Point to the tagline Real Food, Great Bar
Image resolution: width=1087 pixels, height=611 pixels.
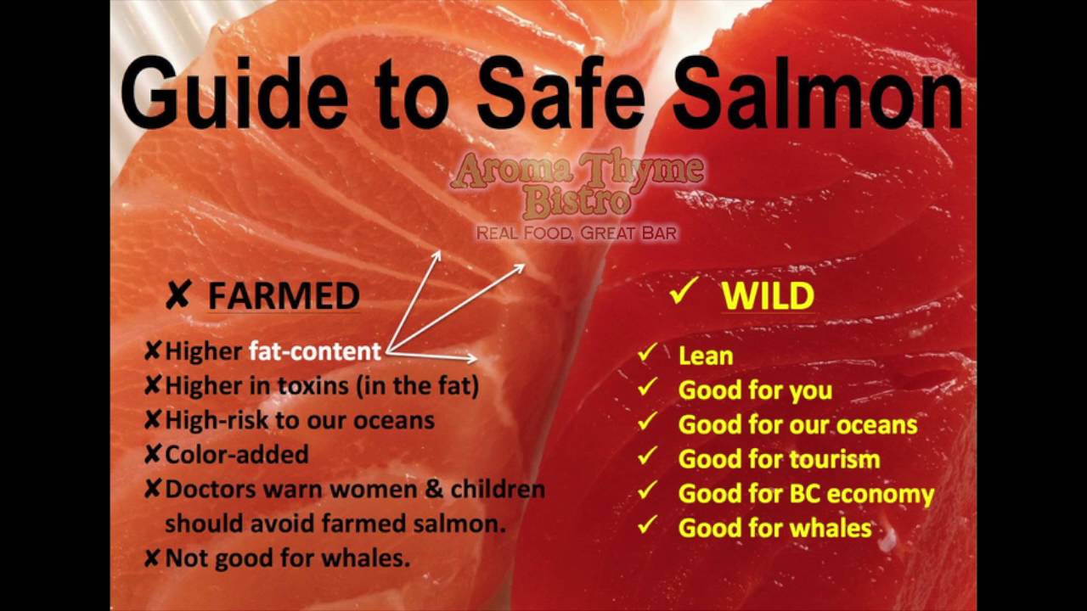pyautogui.click(x=577, y=233)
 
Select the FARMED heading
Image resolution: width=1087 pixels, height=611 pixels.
pyautogui.click(x=284, y=296)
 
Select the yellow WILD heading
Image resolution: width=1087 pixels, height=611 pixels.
pyautogui.click(x=768, y=296)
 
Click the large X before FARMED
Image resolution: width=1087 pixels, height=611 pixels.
pyautogui.click(x=177, y=296)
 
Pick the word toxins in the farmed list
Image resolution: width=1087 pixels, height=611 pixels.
pyautogui.click(x=313, y=386)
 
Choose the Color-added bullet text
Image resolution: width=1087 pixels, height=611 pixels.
pyautogui.click(x=236, y=455)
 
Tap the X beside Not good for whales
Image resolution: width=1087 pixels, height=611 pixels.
pyautogui.click(x=153, y=558)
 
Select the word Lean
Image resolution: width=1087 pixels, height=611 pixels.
pyautogui.click(x=706, y=356)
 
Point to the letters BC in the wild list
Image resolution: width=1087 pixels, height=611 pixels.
pyautogui.click(x=804, y=494)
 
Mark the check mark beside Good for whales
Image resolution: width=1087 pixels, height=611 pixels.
pyautogui.click(x=649, y=525)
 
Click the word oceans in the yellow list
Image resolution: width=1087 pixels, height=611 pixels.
pyautogui.click(x=874, y=424)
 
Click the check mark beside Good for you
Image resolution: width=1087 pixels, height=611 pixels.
pyautogui.click(x=649, y=388)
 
